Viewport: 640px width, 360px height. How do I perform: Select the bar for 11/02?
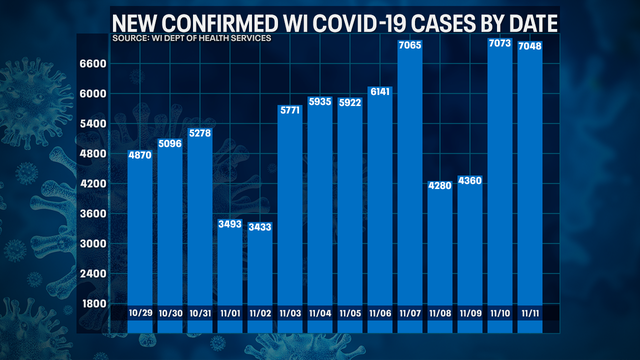[261, 270]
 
